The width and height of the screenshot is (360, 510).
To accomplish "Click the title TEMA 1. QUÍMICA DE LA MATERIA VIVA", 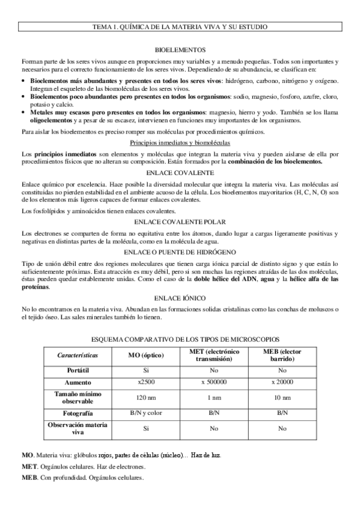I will pyautogui.click(x=180, y=27).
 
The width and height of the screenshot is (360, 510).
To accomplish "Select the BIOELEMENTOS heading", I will pyautogui.click(x=180, y=50).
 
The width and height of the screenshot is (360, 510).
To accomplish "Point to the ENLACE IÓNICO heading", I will pyautogui.click(x=180, y=298).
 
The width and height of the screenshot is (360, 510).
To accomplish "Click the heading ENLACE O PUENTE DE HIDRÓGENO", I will pyautogui.click(x=180, y=252).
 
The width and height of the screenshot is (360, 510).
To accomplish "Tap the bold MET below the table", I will pyautogui.click(x=28, y=467).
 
